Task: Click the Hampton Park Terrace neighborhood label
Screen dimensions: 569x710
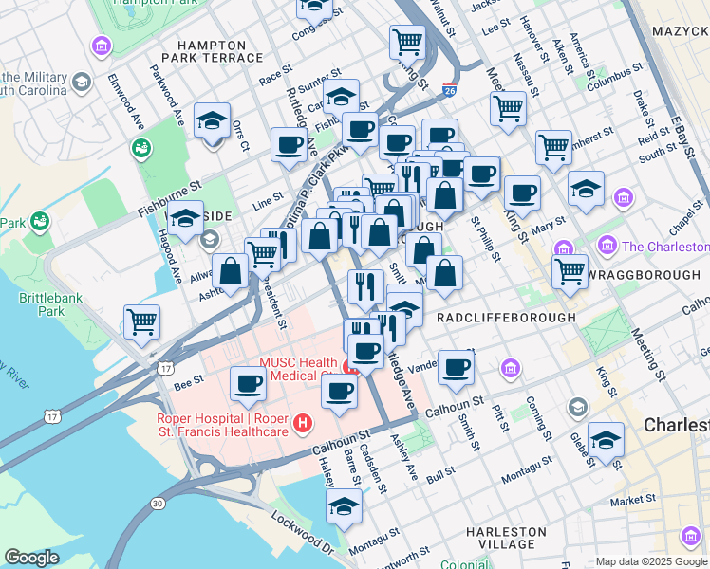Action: coord(219,51)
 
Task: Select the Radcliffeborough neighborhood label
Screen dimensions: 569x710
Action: coord(506,318)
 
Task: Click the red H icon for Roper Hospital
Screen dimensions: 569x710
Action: coord(303,422)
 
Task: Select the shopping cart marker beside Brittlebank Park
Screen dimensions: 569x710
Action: coord(141,321)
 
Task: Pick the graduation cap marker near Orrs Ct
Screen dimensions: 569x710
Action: coord(212,120)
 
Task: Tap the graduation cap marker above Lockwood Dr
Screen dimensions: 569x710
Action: coord(344,505)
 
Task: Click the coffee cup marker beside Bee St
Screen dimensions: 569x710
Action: coord(249,383)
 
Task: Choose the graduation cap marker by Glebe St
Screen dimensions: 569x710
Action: coord(606,440)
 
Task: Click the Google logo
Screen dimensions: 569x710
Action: coord(31,558)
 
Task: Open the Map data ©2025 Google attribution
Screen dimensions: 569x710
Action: coord(650,561)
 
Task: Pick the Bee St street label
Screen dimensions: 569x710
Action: coord(186,383)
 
